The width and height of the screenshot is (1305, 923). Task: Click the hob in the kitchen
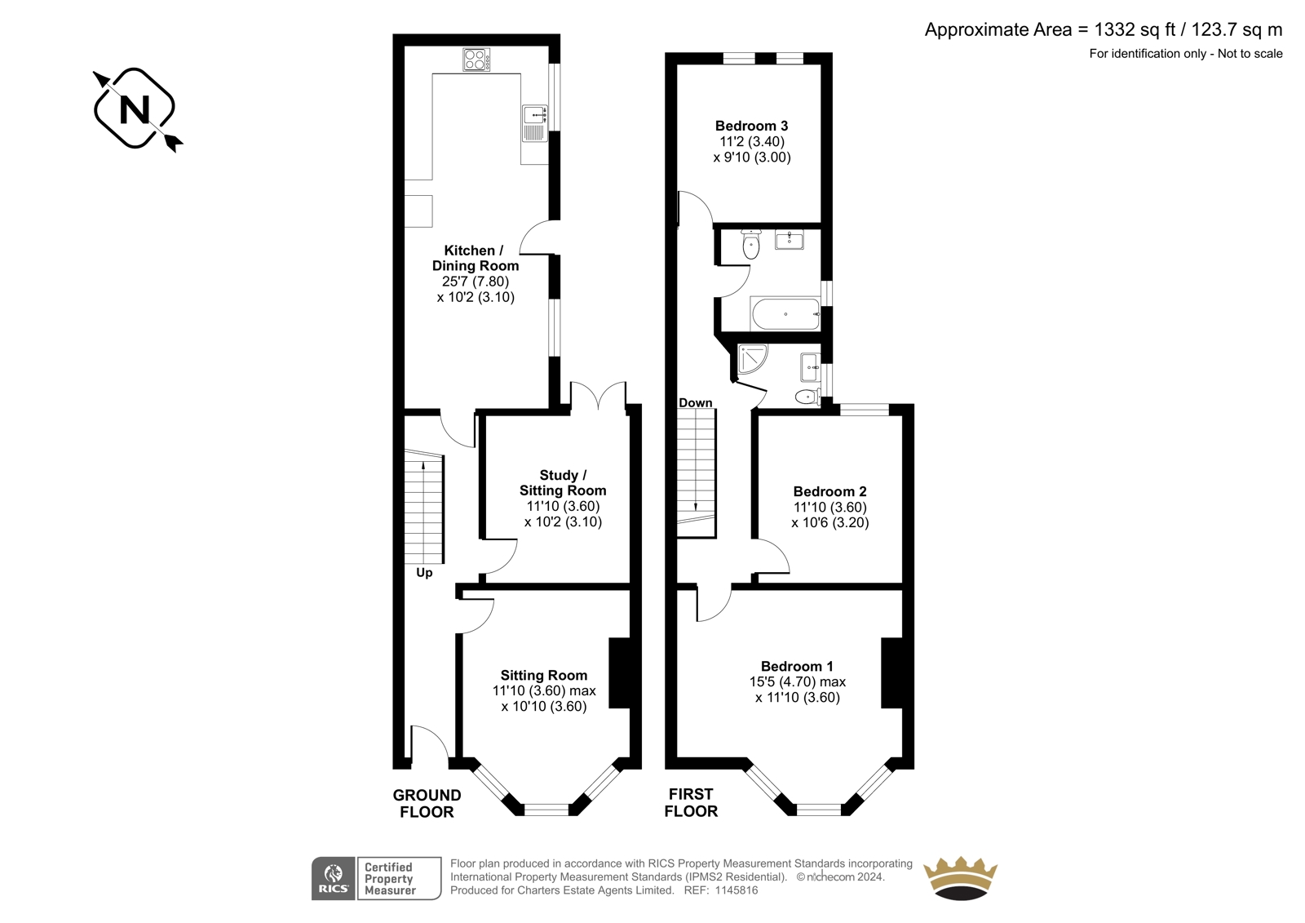point(476,60)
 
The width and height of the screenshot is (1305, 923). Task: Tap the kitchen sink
point(535,123)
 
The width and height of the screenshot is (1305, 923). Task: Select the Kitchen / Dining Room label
point(476,258)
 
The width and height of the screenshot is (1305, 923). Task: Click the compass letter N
point(135,109)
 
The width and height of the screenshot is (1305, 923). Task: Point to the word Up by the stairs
point(424,573)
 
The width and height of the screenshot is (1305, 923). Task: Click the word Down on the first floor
point(695,403)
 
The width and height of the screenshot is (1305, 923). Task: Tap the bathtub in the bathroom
point(785,313)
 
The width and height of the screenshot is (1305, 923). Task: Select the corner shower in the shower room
point(752,358)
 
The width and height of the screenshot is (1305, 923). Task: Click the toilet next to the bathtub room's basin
point(751,244)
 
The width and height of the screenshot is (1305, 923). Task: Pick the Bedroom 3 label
point(751,126)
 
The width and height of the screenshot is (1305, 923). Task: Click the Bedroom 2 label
point(829,491)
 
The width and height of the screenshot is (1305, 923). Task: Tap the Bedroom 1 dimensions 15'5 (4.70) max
point(797,681)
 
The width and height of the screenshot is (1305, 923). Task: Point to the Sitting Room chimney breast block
point(620,672)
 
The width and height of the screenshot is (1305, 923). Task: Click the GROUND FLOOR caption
point(427,804)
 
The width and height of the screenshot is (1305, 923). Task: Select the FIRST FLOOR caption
point(691,802)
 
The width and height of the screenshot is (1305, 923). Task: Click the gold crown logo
point(961,878)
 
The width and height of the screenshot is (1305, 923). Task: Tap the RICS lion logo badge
point(334,879)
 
